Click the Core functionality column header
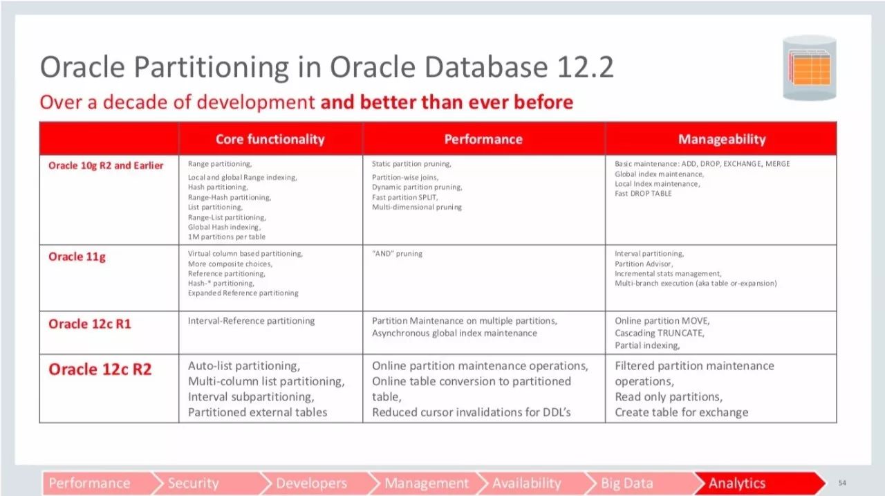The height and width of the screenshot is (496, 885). pyautogui.click(x=270, y=139)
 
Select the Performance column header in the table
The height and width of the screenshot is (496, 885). pyautogui.click(x=483, y=139)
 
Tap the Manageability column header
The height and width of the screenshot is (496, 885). pyautogui.click(x=722, y=139)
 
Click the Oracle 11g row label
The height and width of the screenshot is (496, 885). pyautogui.click(x=77, y=257)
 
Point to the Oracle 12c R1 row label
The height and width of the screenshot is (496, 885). pyautogui.click(x=90, y=324)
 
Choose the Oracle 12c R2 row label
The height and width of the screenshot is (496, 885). pyautogui.click(x=100, y=369)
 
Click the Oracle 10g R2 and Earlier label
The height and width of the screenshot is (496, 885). pyautogui.click(x=106, y=165)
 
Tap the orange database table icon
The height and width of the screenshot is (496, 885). pyautogui.click(x=810, y=68)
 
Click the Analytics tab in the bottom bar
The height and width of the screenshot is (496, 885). pyautogui.click(x=737, y=484)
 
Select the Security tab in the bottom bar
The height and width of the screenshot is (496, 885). pyautogui.click(x=193, y=484)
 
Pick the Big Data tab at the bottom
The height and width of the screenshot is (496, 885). pyautogui.click(x=626, y=484)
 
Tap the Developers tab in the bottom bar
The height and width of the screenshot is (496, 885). pyautogui.click(x=311, y=484)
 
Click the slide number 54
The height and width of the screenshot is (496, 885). pyautogui.click(x=842, y=483)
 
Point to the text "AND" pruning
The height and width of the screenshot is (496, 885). pyautogui.click(x=397, y=253)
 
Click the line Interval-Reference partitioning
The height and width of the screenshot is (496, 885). pyautogui.click(x=251, y=320)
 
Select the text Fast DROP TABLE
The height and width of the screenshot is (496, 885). pyautogui.click(x=643, y=194)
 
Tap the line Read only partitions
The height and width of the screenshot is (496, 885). pyautogui.click(x=669, y=397)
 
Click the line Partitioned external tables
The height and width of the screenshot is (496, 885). pyautogui.click(x=258, y=412)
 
